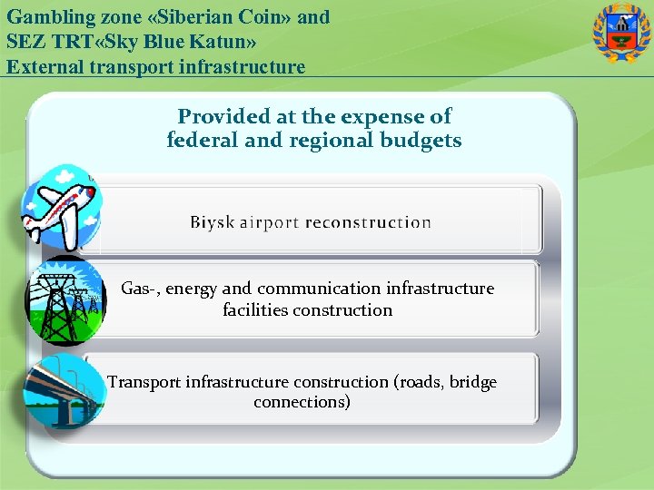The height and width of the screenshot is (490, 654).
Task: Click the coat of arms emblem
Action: (x=621, y=34)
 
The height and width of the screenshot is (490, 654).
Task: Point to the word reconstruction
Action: (x=368, y=222)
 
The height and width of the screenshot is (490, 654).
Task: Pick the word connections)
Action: (x=302, y=402)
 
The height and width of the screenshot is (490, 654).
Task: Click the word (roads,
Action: (x=421, y=382)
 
